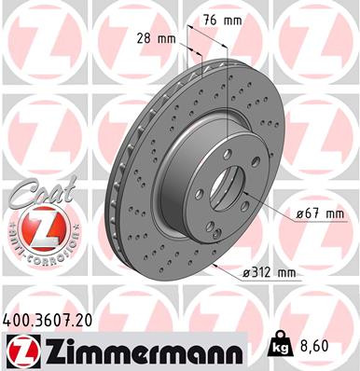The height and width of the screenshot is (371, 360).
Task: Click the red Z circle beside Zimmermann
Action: (20, 351)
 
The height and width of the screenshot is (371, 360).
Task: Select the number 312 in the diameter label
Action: (262, 272)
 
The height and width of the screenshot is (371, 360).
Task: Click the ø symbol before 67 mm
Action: (300, 214)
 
